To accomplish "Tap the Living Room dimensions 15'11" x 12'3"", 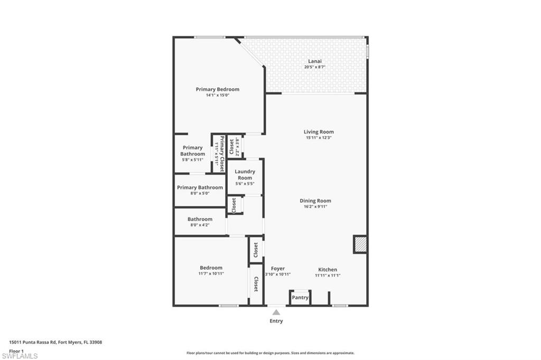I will point(319,138).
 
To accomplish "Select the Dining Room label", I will point(315,201).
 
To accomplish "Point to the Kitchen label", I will point(327,269).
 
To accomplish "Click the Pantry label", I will point(300,298).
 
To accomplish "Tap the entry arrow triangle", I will point(276,312).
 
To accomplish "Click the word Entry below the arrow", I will point(276,321).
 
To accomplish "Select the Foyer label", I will point(277,269).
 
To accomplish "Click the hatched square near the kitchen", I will point(360,244).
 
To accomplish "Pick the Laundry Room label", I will point(245,174).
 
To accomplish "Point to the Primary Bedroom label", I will point(217,89).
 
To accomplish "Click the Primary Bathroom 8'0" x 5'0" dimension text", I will point(200,193).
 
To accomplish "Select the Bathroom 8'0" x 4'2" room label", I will point(200,219).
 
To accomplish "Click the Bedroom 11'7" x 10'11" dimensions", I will point(211,273).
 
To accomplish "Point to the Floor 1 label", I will point(16,350).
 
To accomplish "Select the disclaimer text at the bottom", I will point(270,353).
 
